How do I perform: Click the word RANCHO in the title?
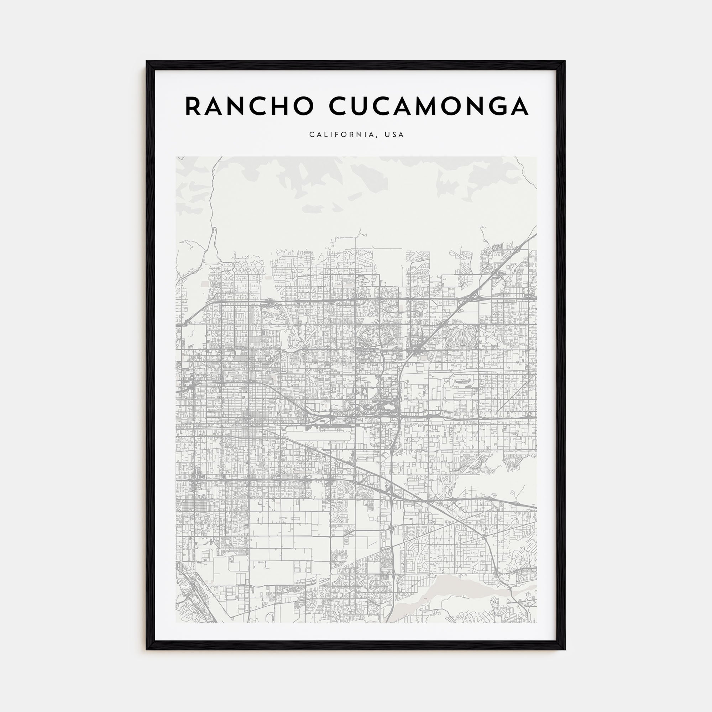coord(249,106)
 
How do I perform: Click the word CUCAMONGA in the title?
coord(429,106)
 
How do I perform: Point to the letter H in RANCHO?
coord(281,106)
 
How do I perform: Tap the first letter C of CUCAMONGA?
coord(338,106)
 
